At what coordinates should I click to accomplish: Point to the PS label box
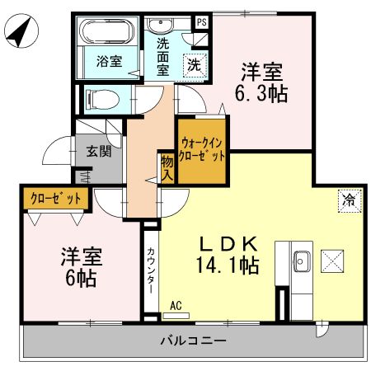click(201, 23)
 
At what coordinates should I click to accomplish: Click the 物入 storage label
click(167, 167)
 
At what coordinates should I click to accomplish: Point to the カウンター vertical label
click(151, 268)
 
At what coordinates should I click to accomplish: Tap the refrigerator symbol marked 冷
click(349, 198)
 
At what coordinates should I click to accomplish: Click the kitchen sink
click(299, 261)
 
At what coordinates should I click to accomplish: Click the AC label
click(176, 305)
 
